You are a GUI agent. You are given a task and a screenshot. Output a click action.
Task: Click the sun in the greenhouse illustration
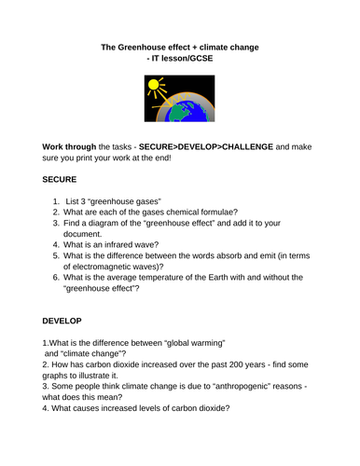pyautogui.click(x=154, y=87)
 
